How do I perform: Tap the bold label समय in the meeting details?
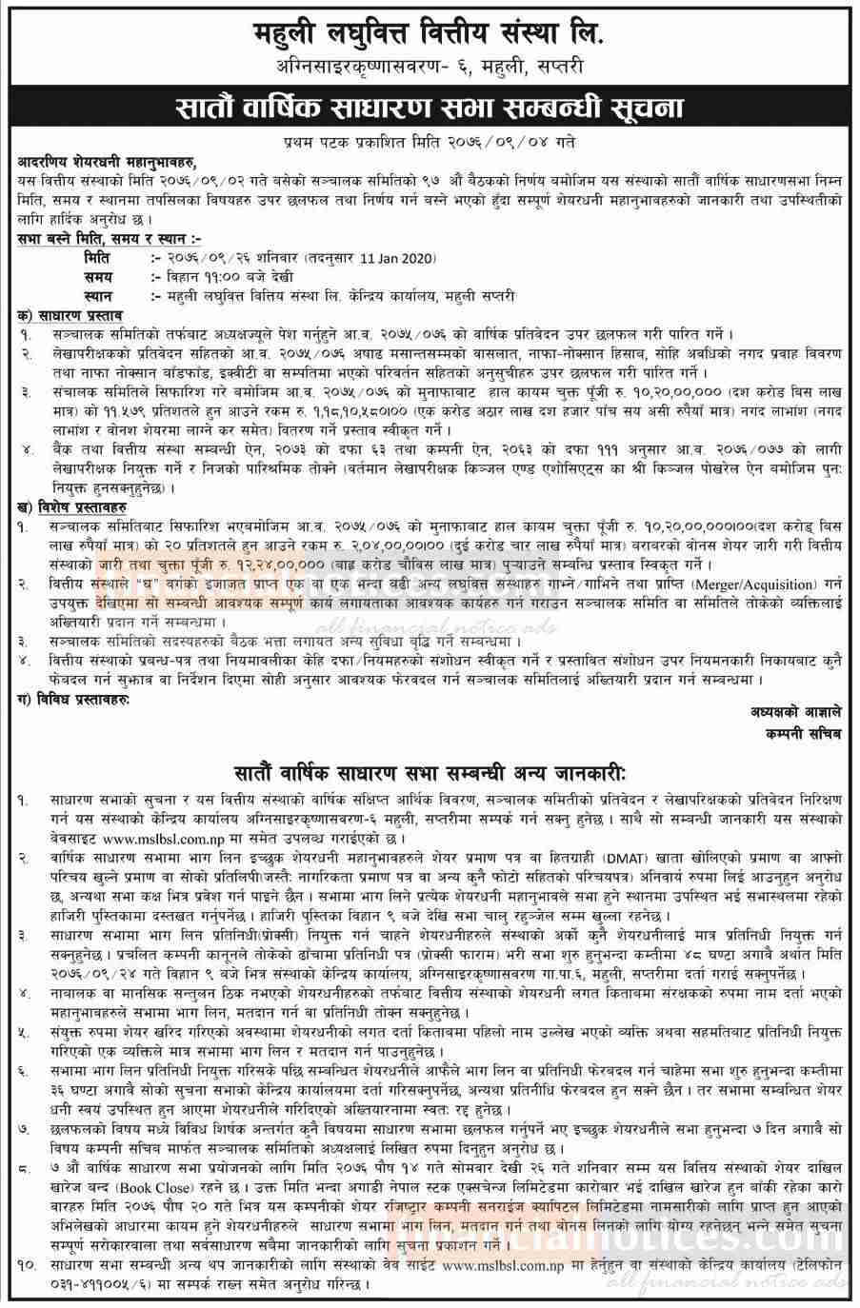click(98, 277)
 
